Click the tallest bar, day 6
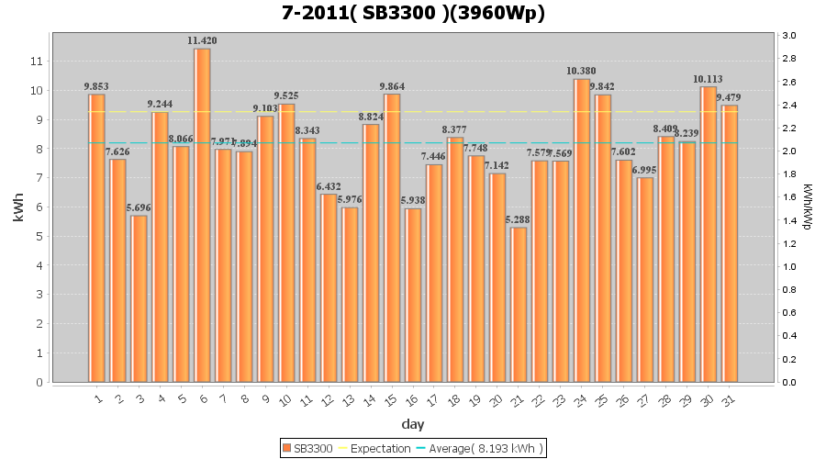coord(202,215)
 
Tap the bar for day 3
coord(139,298)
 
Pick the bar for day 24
coord(582,229)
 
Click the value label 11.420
coord(202,41)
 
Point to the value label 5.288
coord(519,219)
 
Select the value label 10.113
coord(708,79)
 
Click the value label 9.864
coord(392,86)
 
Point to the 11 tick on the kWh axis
coord(37,62)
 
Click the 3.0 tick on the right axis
coord(789,36)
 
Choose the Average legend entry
coord(483,448)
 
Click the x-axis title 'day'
coord(412,424)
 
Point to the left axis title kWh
coord(17,209)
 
